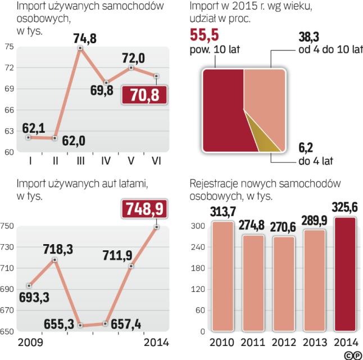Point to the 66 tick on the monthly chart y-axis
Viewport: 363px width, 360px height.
[9, 110]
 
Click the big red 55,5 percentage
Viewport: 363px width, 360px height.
[205, 35]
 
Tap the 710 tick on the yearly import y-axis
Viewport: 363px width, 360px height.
[7, 269]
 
